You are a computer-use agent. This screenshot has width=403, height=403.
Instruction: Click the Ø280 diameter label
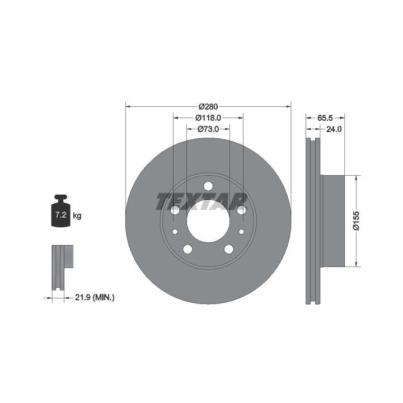(x=208, y=106)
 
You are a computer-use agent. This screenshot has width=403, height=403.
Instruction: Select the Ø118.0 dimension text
(x=208, y=118)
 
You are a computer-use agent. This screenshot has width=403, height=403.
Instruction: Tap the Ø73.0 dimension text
(x=208, y=129)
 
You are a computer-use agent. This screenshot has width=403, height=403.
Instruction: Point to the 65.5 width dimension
(x=325, y=118)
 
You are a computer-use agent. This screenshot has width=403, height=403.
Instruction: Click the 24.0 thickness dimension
(x=334, y=129)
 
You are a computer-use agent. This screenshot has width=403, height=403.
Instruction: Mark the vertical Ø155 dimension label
(x=356, y=221)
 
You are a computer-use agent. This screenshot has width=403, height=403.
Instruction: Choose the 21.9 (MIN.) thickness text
(x=95, y=298)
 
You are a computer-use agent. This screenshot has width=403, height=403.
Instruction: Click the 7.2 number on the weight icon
(x=61, y=215)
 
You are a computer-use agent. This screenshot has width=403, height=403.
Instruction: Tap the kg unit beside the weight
(x=77, y=215)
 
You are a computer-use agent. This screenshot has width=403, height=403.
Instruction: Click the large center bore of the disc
(x=208, y=221)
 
